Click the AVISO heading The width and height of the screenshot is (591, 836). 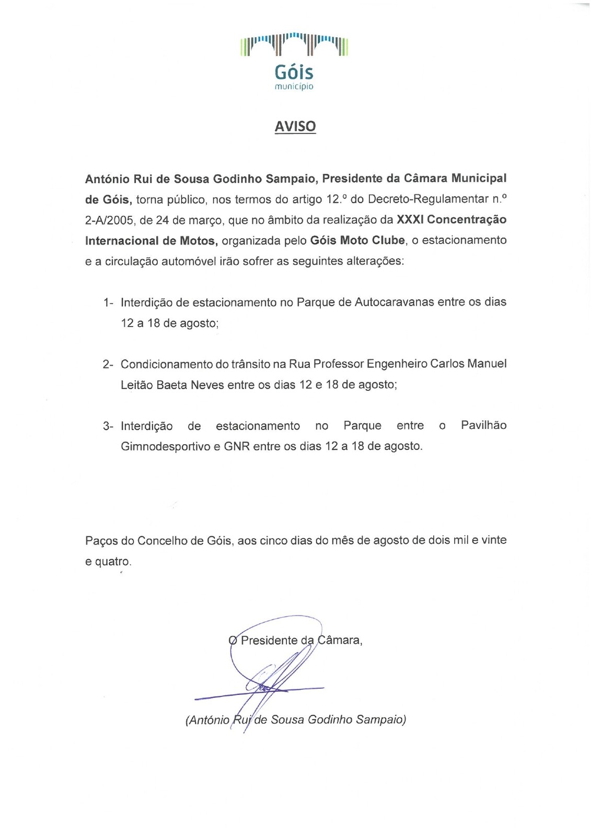[295, 126]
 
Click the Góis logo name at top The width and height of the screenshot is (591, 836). [294, 72]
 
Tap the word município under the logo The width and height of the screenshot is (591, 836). [294, 87]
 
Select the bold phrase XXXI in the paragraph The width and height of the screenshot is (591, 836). [410, 219]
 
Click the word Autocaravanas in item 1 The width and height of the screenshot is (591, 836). [394, 302]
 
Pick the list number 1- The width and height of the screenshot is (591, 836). [108, 303]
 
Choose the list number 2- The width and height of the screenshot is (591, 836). [108, 364]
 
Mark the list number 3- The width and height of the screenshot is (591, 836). [108, 426]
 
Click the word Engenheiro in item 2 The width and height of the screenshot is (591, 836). [397, 364]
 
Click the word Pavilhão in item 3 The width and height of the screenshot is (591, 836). [483, 425]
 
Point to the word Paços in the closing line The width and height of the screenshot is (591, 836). [101, 540]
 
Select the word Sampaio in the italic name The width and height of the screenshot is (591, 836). [380, 720]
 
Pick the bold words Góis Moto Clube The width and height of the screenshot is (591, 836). [357, 240]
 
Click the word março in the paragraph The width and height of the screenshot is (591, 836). [205, 220]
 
